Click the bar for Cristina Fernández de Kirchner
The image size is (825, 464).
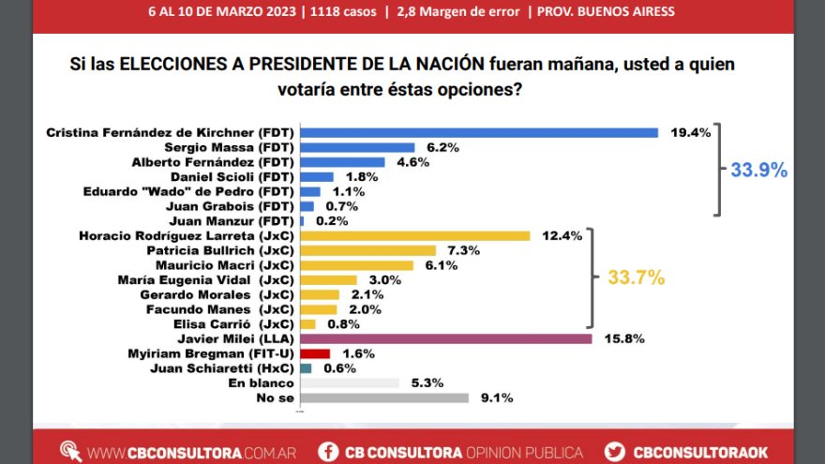(x=478, y=133)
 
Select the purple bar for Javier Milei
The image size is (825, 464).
(x=445, y=338)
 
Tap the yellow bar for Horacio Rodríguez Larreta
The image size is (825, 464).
(x=414, y=235)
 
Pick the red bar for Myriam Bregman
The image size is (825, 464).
(x=315, y=353)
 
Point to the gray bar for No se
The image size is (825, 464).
(x=383, y=397)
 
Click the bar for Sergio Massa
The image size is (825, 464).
(x=357, y=147)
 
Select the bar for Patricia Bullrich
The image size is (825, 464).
(x=367, y=250)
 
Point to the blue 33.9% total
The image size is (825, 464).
(x=758, y=170)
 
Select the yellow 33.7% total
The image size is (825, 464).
(x=637, y=277)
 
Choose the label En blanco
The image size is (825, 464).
(x=261, y=382)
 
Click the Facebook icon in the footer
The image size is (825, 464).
(x=327, y=452)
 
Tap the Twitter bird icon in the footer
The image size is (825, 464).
(x=615, y=452)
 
